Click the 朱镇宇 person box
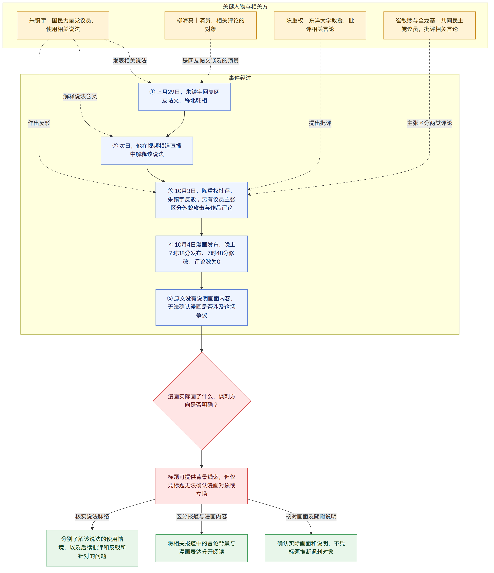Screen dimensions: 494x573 [x=63, y=25]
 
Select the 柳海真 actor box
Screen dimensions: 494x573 [x=210, y=25]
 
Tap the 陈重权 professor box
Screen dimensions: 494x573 [x=320, y=25]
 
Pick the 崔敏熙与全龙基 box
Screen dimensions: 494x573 [x=429, y=25]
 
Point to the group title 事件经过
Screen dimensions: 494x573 [x=240, y=78]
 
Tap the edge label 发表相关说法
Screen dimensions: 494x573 [x=130, y=61]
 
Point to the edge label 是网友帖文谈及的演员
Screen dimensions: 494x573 [x=210, y=61]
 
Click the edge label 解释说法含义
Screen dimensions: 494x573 [x=80, y=96]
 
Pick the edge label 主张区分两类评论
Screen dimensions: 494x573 [x=429, y=123]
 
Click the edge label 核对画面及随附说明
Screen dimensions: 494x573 [x=311, y=516]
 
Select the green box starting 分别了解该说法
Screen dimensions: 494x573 [x=92, y=548]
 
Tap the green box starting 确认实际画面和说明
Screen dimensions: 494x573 [x=311, y=548]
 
